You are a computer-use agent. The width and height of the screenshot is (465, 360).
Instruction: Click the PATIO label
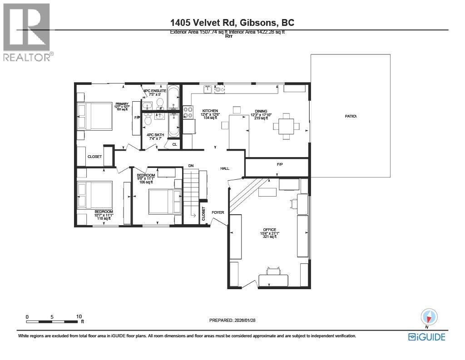coord(351,116)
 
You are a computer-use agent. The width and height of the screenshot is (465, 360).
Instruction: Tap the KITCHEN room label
coord(210,111)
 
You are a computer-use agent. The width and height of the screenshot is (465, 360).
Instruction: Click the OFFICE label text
coord(269,230)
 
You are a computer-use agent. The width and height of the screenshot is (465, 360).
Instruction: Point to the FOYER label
coord(218,212)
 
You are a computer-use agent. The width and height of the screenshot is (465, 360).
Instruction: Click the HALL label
coord(225,168)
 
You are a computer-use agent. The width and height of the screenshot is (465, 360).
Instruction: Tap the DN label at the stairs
coord(191,166)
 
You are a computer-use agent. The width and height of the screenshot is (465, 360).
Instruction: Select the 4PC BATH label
coord(155,135)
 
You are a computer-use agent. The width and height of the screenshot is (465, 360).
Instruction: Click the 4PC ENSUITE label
coord(155,91)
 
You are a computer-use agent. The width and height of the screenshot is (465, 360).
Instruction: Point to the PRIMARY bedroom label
coord(122,104)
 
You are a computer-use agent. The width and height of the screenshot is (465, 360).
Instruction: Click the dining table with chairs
coord(286,123)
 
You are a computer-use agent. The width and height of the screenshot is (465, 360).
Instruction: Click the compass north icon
coord(429,316)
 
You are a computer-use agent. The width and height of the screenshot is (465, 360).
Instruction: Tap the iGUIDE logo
coord(426,337)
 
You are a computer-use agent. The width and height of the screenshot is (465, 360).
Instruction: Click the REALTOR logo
coord(27,32)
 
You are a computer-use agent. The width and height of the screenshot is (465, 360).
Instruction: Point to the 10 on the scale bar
coord(79,316)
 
